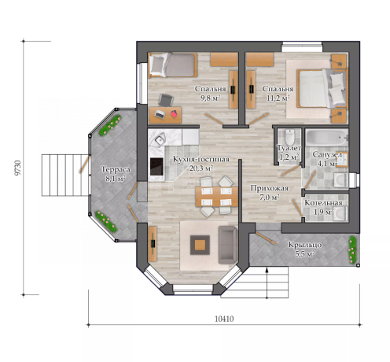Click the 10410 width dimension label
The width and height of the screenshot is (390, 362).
[x=224, y=319]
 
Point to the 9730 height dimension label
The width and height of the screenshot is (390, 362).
[x=17, y=168]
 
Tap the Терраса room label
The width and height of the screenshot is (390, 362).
[x=116, y=169]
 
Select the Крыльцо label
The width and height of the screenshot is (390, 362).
[x=305, y=245]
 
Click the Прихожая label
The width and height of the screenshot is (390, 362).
[x=270, y=188]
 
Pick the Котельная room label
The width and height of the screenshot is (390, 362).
[x=323, y=203]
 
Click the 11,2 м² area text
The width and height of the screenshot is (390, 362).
[x=278, y=98]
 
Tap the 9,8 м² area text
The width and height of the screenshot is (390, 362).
[x=210, y=98]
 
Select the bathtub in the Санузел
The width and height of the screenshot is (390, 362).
[x=326, y=138]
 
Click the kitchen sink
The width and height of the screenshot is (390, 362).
[x=160, y=139]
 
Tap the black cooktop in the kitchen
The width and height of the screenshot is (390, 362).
[x=156, y=167]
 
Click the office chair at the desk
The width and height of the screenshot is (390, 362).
[x=166, y=100]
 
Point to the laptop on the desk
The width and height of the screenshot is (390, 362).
[x=160, y=114]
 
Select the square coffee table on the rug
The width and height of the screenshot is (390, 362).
[x=200, y=245]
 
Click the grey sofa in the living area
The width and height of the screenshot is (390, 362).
[x=228, y=245]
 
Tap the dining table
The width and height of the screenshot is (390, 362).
[x=217, y=197]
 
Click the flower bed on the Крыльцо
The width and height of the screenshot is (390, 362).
[x=352, y=249]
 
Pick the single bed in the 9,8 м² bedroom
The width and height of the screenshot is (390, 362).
[x=173, y=65]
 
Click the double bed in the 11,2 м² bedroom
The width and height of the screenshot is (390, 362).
[x=322, y=88]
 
